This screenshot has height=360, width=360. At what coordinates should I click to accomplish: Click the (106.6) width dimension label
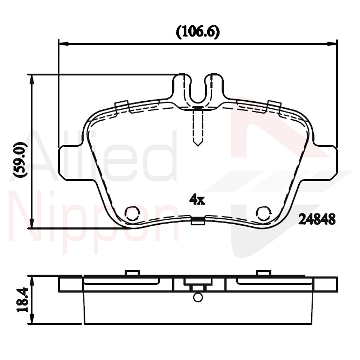pyautogui.click(x=197, y=32)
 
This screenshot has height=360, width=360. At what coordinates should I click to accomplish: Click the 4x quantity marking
pyautogui.click(x=197, y=200)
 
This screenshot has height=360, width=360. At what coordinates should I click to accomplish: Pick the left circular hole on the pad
pyautogui.click(x=132, y=214)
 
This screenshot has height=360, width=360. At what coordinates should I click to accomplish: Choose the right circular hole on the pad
pyautogui.click(x=263, y=214)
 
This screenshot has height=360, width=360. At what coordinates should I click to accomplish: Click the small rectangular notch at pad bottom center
pyautogui.click(x=198, y=222)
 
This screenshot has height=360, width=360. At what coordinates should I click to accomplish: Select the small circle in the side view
pyautogui.click(x=198, y=297)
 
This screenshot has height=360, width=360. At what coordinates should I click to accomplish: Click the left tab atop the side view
pyautogui.click(x=132, y=273)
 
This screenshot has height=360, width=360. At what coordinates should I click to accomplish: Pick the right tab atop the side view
pyautogui.click(x=263, y=273)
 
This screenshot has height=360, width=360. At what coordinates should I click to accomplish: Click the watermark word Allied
pyautogui.click(x=103, y=158)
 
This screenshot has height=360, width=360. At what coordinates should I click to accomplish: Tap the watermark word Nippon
pyautogui.click(x=95, y=222)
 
